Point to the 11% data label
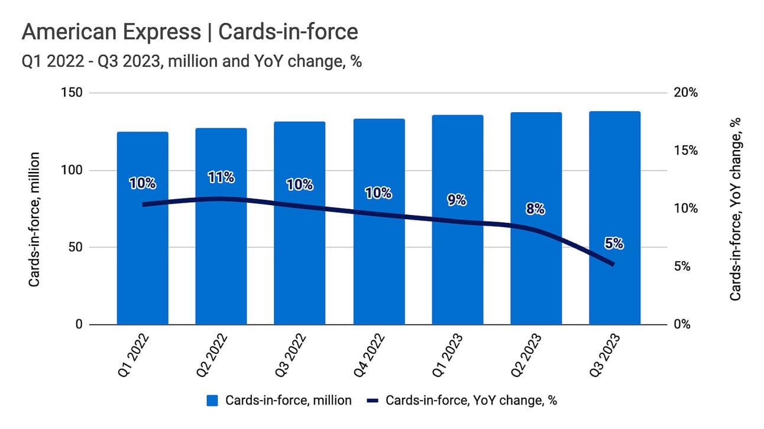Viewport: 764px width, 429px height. click(x=221, y=177)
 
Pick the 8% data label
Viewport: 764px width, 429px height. click(x=535, y=209)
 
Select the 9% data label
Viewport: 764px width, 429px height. click(x=457, y=200)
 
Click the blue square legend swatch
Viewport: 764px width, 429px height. click(x=213, y=401)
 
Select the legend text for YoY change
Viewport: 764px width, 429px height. click(x=471, y=401)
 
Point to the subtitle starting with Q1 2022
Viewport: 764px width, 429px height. click(x=191, y=61)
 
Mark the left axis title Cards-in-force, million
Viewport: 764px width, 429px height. click(x=34, y=219)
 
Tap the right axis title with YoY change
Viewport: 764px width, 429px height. click(x=735, y=209)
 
